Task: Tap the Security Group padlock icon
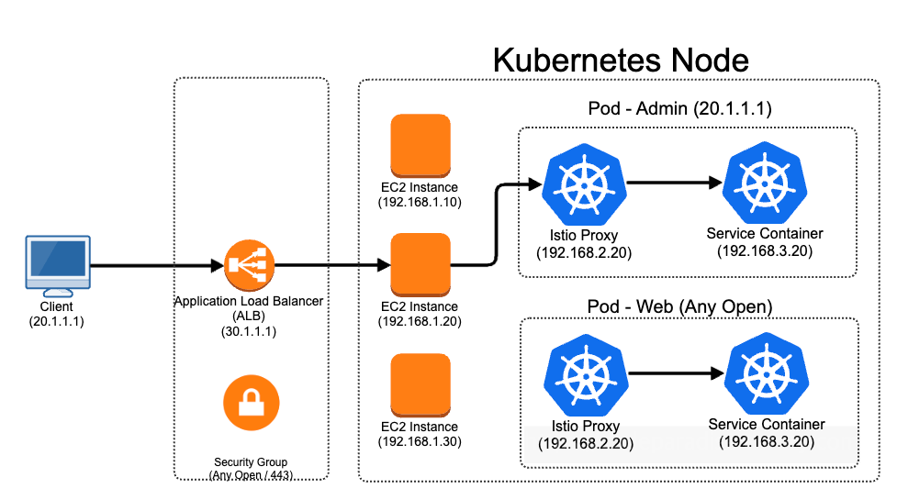[251, 403]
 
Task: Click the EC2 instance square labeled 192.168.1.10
[420, 144]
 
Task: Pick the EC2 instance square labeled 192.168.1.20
[420, 264]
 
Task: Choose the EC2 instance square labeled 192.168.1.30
[420, 384]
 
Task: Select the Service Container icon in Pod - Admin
[758, 183]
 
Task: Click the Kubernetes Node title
[621, 61]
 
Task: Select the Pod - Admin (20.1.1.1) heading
[679, 109]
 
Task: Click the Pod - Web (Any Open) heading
[679, 305]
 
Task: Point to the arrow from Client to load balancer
[156, 266]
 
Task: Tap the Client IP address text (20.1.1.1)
[56, 321]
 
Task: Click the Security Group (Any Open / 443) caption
[251, 468]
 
